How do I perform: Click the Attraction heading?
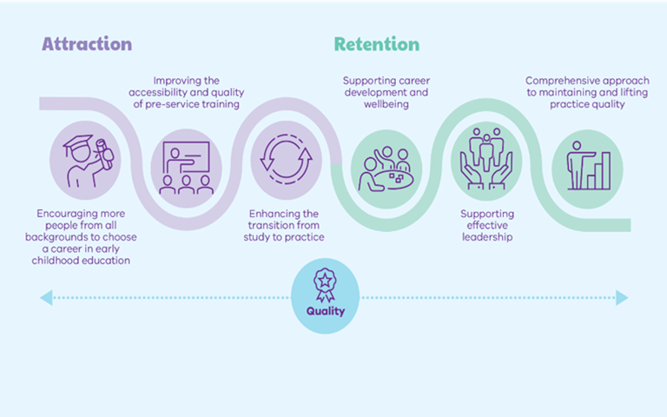pyautogui.click(x=87, y=44)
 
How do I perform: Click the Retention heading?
pyautogui.click(x=376, y=44)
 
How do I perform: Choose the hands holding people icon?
pyautogui.click(x=486, y=159)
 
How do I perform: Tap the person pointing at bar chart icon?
pyautogui.click(x=588, y=166)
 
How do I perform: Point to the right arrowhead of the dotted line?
pyautogui.click(x=622, y=298)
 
